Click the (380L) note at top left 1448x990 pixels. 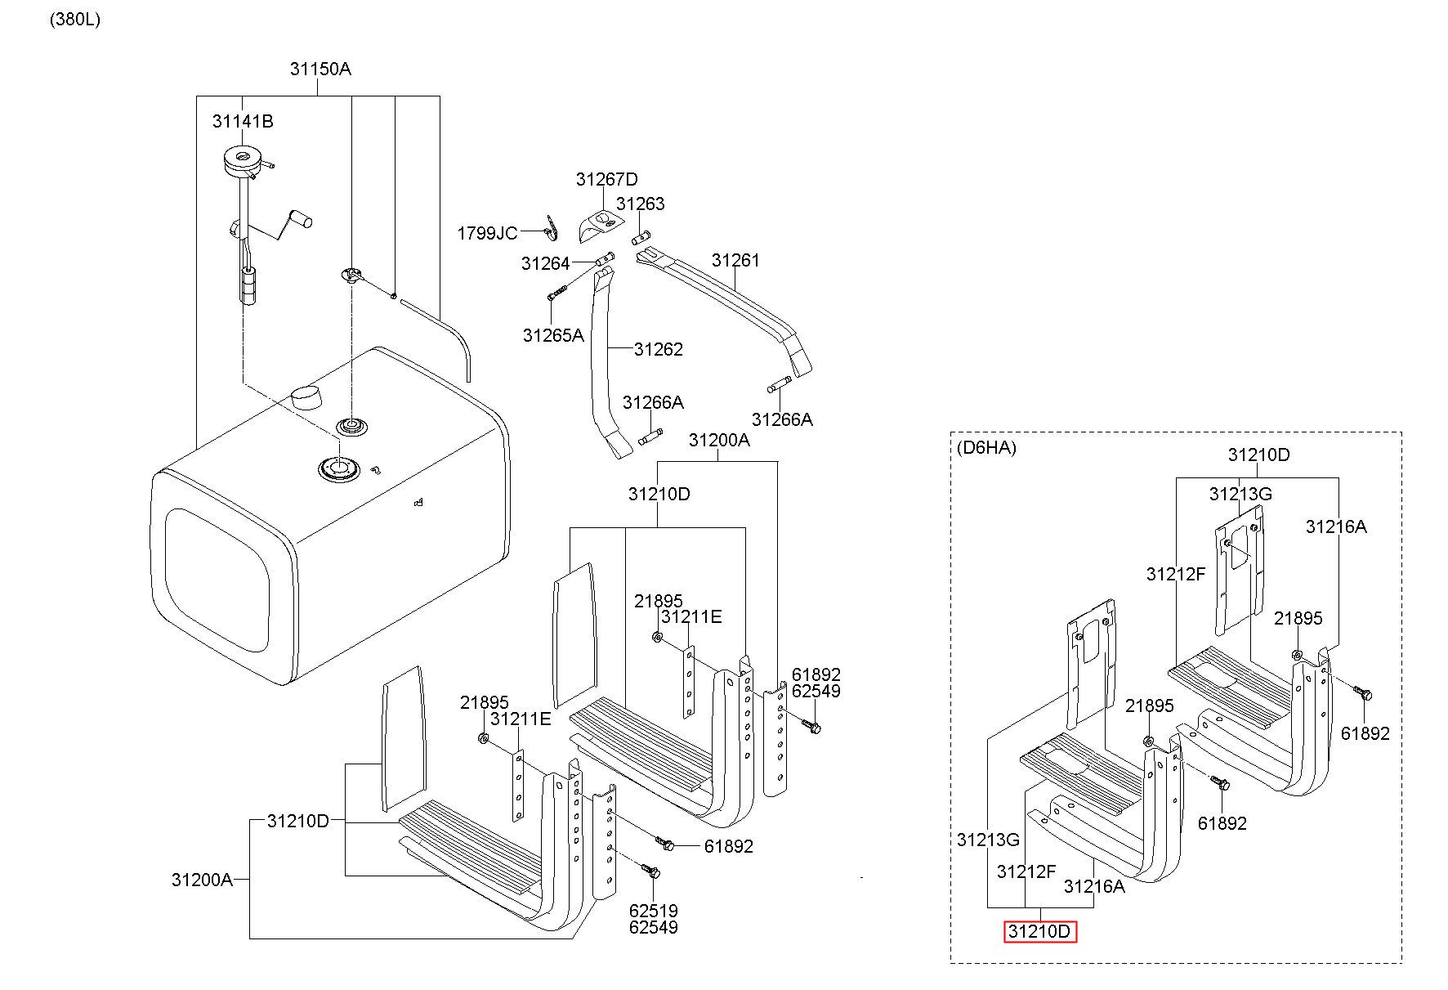pyautogui.click(x=74, y=20)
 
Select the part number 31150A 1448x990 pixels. pyautogui.click(x=320, y=69)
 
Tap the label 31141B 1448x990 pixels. pyautogui.click(x=243, y=121)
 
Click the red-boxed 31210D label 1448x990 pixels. pyautogui.click(x=1039, y=931)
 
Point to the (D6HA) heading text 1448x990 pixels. pyautogui.click(x=986, y=447)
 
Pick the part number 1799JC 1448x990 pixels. pyautogui.click(x=487, y=234)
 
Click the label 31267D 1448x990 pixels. pyautogui.click(x=606, y=179)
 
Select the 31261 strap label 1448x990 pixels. pyautogui.click(x=735, y=260)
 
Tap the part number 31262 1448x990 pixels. pyautogui.click(x=659, y=349)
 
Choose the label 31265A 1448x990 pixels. pyautogui.click(x=553, y=335)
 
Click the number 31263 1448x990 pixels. pyautogui.click(x=641, y=204)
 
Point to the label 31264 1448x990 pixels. pyautogui.click(x=546, y=263)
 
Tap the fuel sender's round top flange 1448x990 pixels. pyautogui.click(x=242, y=159)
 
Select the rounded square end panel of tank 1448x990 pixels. pyautogui.click(x=217, y=580)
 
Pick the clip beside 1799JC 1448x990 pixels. pyautogui.click(x=552, y=228)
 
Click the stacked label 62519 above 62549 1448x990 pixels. pyautogui.click(x=653, y=911)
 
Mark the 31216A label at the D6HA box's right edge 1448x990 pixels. pyautogui.click(x=1336, y=526)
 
